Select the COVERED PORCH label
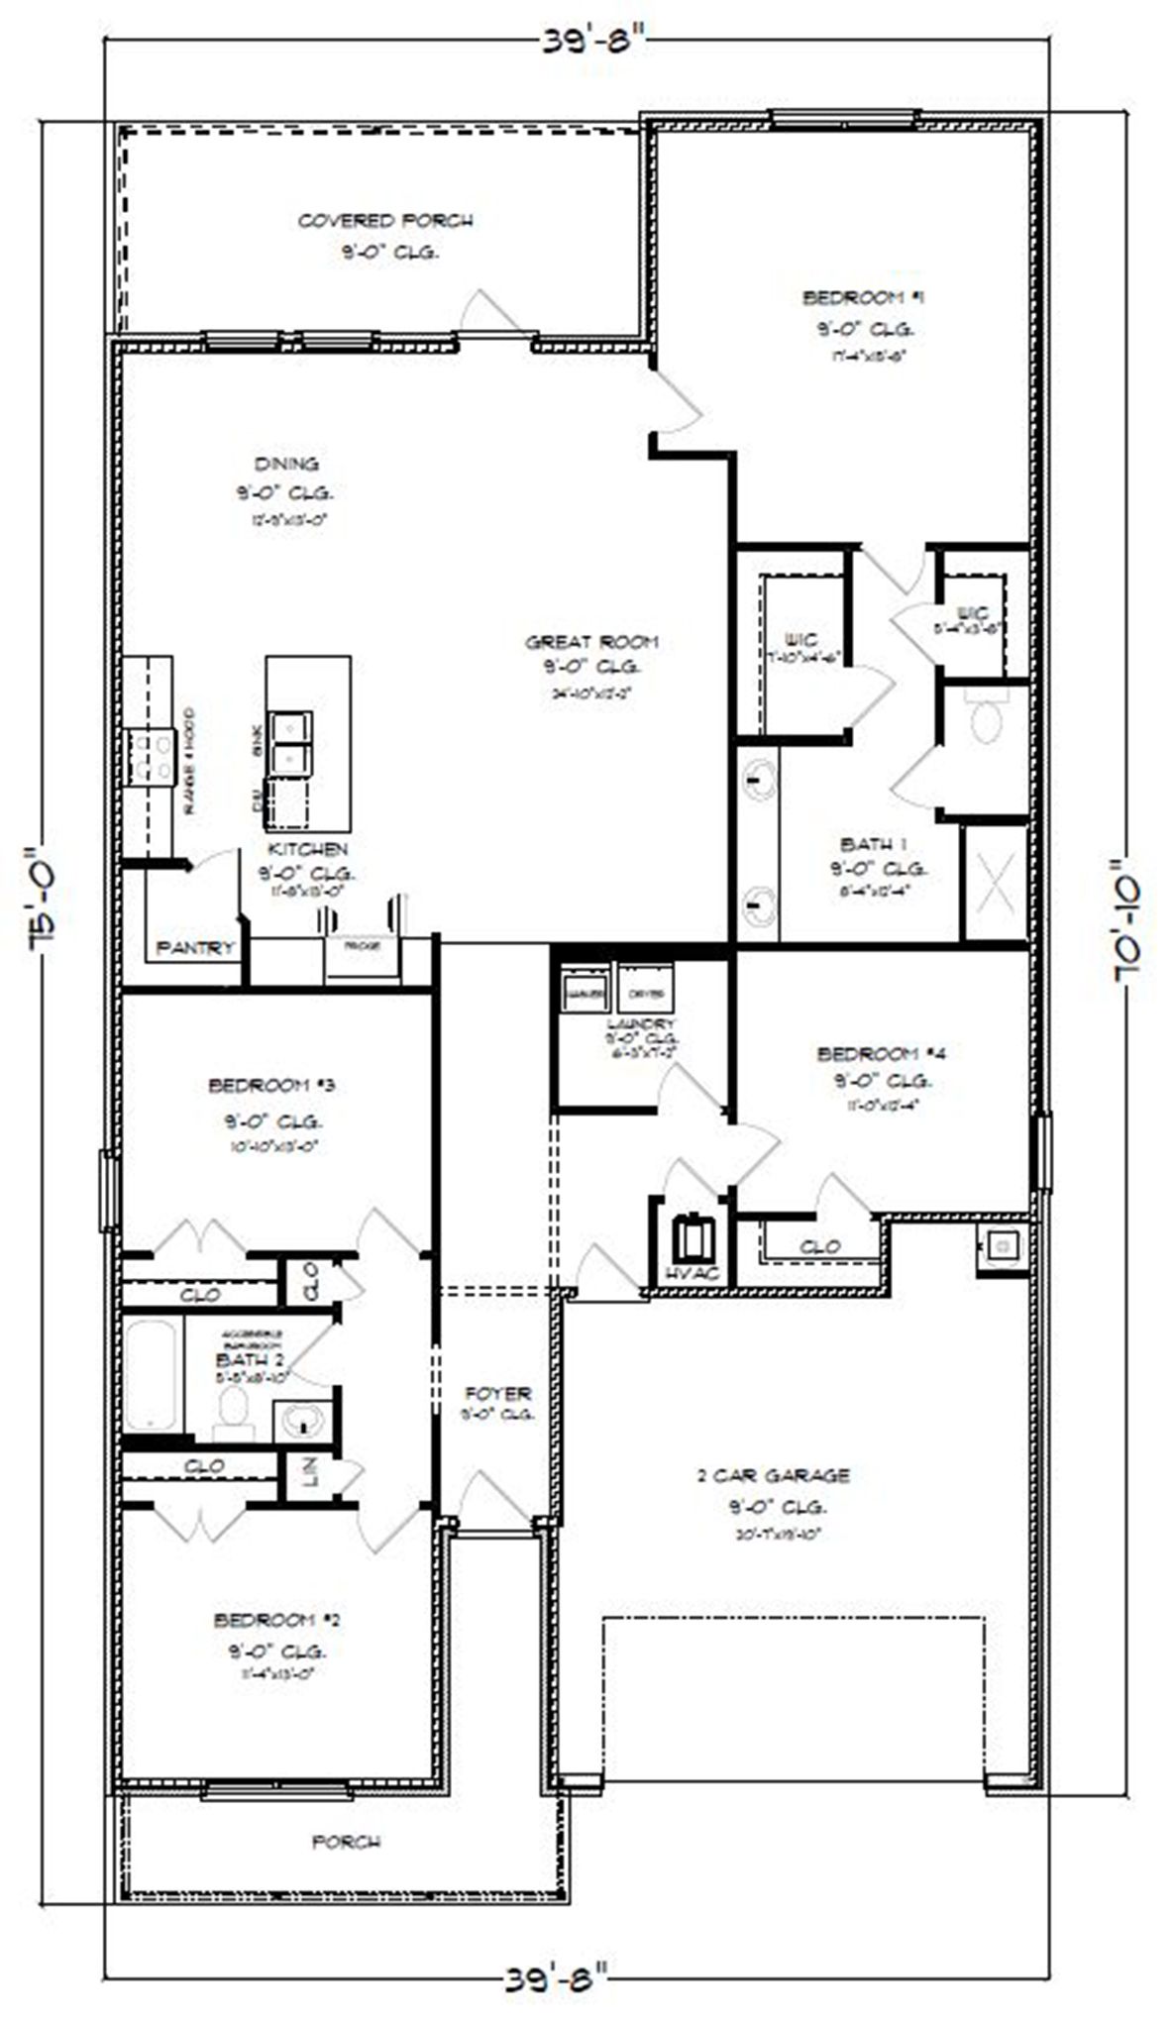pos(385,220)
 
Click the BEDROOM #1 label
pos(864,297)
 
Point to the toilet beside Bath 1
pos(986,719)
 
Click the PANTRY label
pos(196,948)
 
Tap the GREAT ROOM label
pos(591,642)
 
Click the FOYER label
pos(498,1393)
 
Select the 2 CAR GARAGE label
pos(773,1475)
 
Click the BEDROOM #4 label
pos(881,1053)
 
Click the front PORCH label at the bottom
pos(346,1842)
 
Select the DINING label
pos(286,464)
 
